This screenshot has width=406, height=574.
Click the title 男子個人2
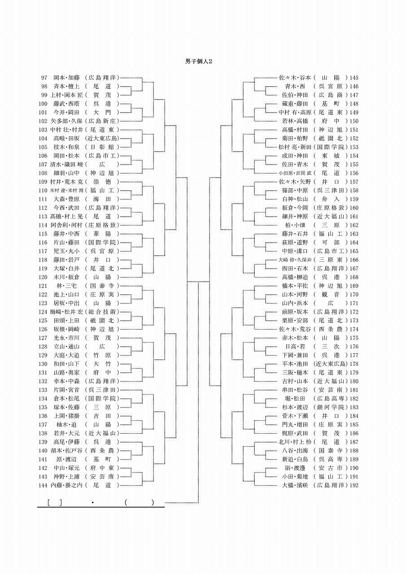198,61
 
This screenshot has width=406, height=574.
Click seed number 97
44,78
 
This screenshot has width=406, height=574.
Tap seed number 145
354,78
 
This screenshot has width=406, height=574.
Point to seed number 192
354,485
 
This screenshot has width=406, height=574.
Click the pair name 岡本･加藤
67,78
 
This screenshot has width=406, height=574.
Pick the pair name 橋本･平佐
295,286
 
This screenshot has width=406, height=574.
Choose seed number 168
354,277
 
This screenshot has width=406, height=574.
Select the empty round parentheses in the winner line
140,503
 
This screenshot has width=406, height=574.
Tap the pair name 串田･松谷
295,390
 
